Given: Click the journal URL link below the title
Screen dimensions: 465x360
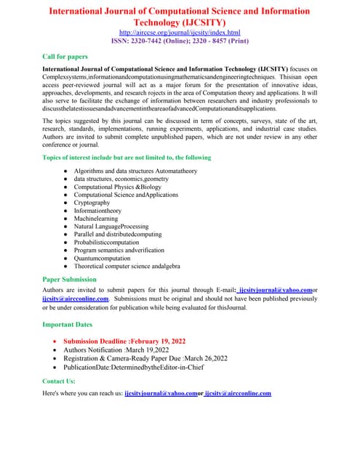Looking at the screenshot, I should pyautogui.click(x=180, y=33).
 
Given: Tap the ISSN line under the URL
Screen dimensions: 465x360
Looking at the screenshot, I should pyautogui.click(x=180, y=41).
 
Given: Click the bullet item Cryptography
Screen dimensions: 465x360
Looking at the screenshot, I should pyautogui.click(x=92, y=203).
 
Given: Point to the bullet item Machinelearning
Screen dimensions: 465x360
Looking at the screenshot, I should pyautogui.click(x=95, y=218).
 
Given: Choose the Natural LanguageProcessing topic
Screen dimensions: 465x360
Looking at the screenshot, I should pyautogui.click(x=111, y=226).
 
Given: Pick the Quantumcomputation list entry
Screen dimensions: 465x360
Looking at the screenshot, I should pyautogui.click(x=102, y=257).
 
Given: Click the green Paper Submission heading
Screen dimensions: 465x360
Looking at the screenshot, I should pyautogui.click(x=74, y=278).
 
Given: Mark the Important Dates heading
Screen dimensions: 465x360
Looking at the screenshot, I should pyautogui.click(x=72, y=324).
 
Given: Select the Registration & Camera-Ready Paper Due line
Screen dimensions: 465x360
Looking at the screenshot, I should pyautogui.click(x=145, y=358).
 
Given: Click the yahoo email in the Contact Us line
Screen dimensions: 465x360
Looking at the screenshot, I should pyautogui.click(x=161, y=393).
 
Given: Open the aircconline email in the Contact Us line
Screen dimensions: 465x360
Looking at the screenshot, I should pyautogui.click(x=238, y=393).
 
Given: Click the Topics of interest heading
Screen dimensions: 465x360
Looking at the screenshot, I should pyautogui.click(x=127, y=157).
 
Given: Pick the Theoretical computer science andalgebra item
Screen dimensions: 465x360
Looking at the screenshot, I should pyautogui.click(x=127, y=265).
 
